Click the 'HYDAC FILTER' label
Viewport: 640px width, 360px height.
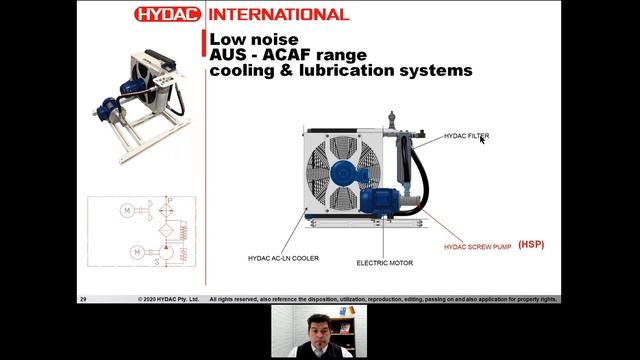click(x=466, y=136)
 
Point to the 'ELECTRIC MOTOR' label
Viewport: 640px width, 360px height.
click(x=384, y=263)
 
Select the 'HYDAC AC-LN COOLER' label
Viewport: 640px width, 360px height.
click(x=284, y=258)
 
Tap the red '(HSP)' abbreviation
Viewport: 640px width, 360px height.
click(x=531, y=244)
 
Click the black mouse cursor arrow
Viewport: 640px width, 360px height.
click(x=483, y=139)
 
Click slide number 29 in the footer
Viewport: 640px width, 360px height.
click(x=84, y=299)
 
